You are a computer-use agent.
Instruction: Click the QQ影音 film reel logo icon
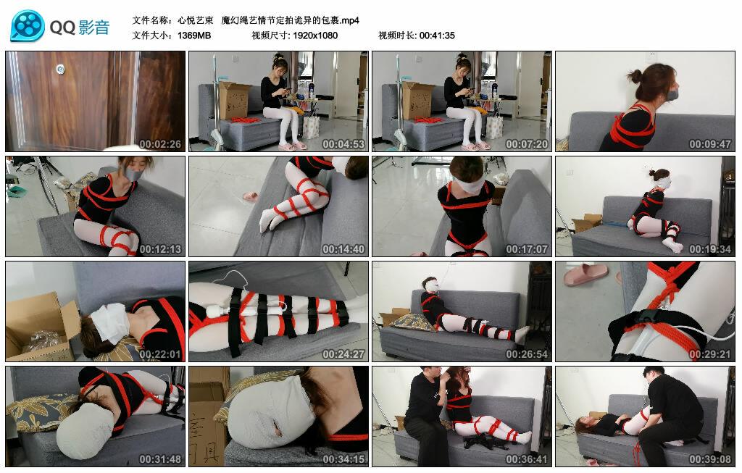28,27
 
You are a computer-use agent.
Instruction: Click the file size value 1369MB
193,35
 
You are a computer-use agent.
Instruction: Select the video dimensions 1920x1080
315,35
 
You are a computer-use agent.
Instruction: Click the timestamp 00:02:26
160,144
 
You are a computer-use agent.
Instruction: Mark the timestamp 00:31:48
160,459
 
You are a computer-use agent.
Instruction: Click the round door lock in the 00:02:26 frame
59,69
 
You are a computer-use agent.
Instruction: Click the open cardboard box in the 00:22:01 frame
40,326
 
